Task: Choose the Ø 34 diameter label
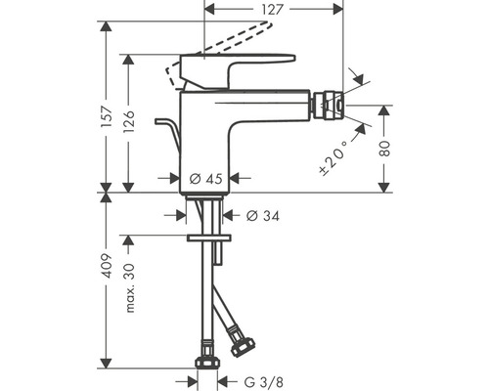(261, 216)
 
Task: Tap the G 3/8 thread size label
(261, 382)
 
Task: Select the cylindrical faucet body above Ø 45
(206, 137)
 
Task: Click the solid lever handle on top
(240, 70)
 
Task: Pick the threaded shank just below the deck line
(206, 209)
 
